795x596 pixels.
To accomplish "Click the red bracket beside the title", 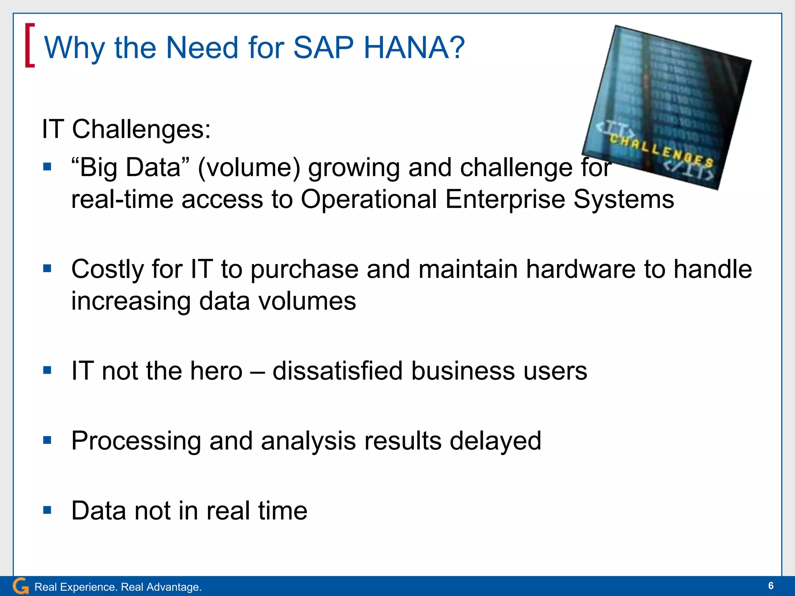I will click(30, 45).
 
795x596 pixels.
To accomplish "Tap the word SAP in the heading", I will click(323, 48).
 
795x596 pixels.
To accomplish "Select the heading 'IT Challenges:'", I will click(126, 129).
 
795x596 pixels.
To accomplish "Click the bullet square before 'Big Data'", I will click(47, 167).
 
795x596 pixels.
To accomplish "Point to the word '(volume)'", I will click(249, 168).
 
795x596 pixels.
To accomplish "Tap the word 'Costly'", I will click(108, 269).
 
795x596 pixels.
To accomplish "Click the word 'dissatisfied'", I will click(338, 371).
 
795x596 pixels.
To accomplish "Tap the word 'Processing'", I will click(136, 441).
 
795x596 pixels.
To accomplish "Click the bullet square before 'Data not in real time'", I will click(47, 510).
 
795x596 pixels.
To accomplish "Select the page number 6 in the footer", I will click(771, 586).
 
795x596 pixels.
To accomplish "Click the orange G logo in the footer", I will click(21, 586).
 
